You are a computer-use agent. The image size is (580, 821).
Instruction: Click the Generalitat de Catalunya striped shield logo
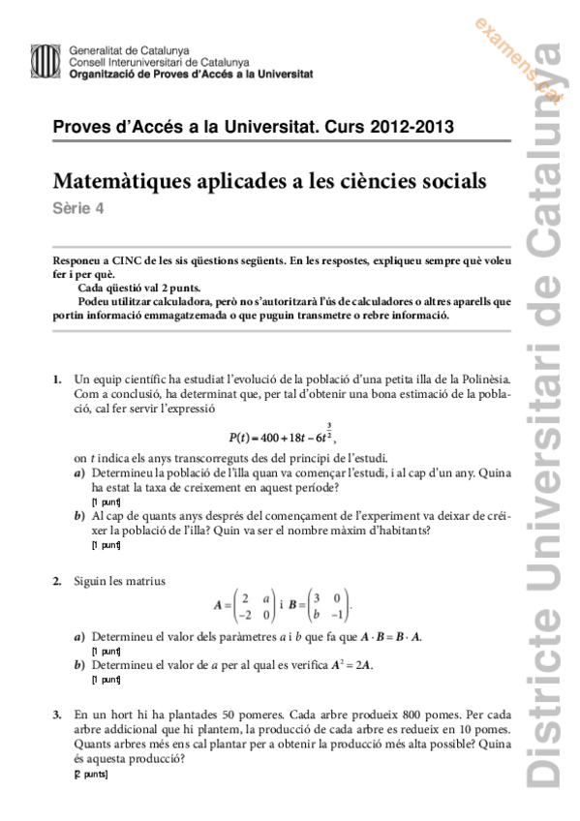tap(45, 61)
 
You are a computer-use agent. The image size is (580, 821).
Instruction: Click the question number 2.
tap(57, 580)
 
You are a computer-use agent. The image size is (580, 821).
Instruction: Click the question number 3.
tap(57, 714)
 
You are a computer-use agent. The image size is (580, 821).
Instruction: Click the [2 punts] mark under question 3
tap(94, 775)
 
